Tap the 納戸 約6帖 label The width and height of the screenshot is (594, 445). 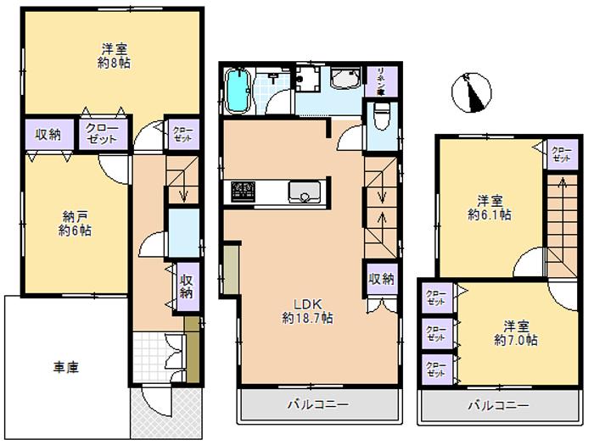click(x=76, y=223)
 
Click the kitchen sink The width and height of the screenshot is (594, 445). click(x=303, y=192)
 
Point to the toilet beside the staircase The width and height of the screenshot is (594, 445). click(x=381, y=116)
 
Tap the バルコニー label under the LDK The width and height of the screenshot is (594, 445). click(x=317, y=406)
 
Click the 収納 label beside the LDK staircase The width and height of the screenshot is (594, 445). click(x=383, y=278)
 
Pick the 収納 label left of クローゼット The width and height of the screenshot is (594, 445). click(x=48, y=134)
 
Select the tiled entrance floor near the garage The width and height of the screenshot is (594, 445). click(x=158, y=353)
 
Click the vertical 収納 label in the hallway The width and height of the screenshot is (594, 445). click(x=186, y=283)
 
